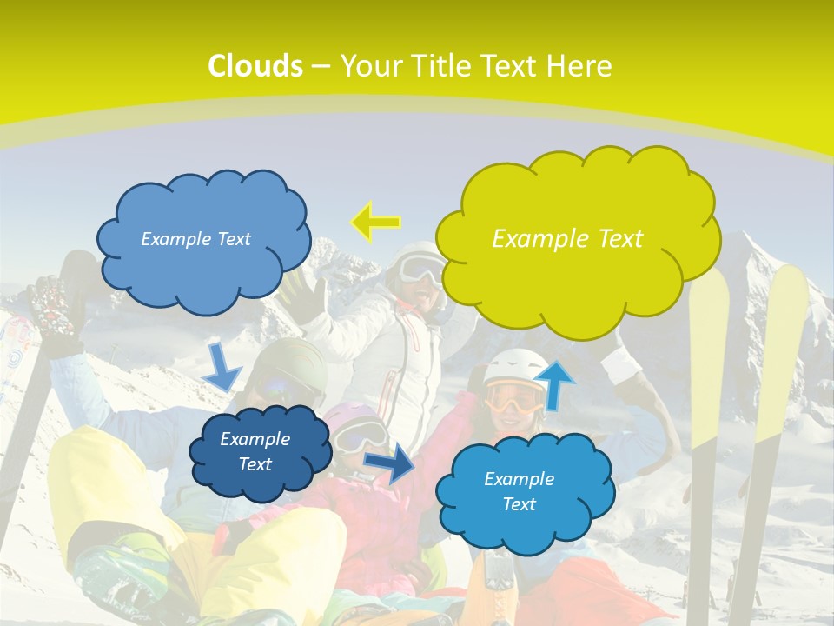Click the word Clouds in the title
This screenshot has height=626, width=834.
(x=255, y=66)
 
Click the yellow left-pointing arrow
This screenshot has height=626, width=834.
(x=375, y=223)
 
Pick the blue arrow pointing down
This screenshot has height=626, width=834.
(x=222, y=367)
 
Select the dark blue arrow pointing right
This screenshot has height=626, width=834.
(x=389, y=463)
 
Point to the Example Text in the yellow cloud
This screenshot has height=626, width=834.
(x=567, y=239)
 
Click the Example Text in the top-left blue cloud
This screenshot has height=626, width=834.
(x=195, y=239)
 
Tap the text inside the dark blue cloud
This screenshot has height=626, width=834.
(x=255, y=452)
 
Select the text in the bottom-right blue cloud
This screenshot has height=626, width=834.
(x=519, y=491)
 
